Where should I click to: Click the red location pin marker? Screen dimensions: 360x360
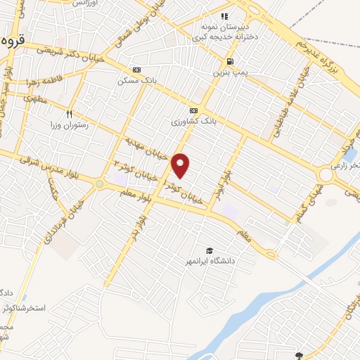pyautogui.click(x=181, y=165)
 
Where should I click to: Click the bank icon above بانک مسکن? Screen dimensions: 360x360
pyautogui.click(x=136, y=70)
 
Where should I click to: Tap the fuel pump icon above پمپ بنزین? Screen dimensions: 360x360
pyautogui.click(x=229, y=62)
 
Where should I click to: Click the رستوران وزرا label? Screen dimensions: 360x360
pyautogui.click(x=68, y=124)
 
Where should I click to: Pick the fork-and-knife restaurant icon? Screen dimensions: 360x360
pyautogui.click(x=69, y=113)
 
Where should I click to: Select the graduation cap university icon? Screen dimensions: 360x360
pyautogui.click(x=209, y=251)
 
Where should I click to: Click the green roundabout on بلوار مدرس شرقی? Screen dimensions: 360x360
pyautogui.click(x=99, y=184)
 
